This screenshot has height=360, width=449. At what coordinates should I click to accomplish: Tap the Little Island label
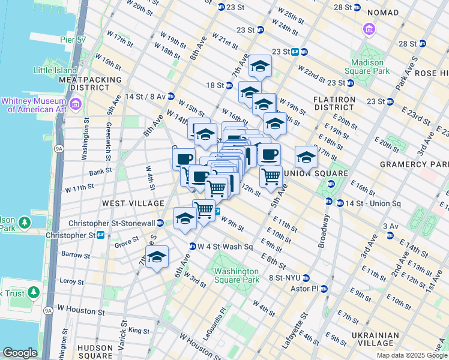tap(55, 70)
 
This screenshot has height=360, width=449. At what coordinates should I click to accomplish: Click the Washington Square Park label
tap(237, 275)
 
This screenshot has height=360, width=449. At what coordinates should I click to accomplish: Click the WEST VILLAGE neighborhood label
tap(133, 203)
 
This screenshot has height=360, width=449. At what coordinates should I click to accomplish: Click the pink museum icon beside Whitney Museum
tap(76, 105)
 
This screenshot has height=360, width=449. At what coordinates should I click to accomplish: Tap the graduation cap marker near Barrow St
tap(157, 257)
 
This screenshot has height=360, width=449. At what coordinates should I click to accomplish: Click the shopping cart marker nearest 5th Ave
tap(271, 176)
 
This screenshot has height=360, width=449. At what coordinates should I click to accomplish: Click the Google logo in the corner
tap(20, 353)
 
